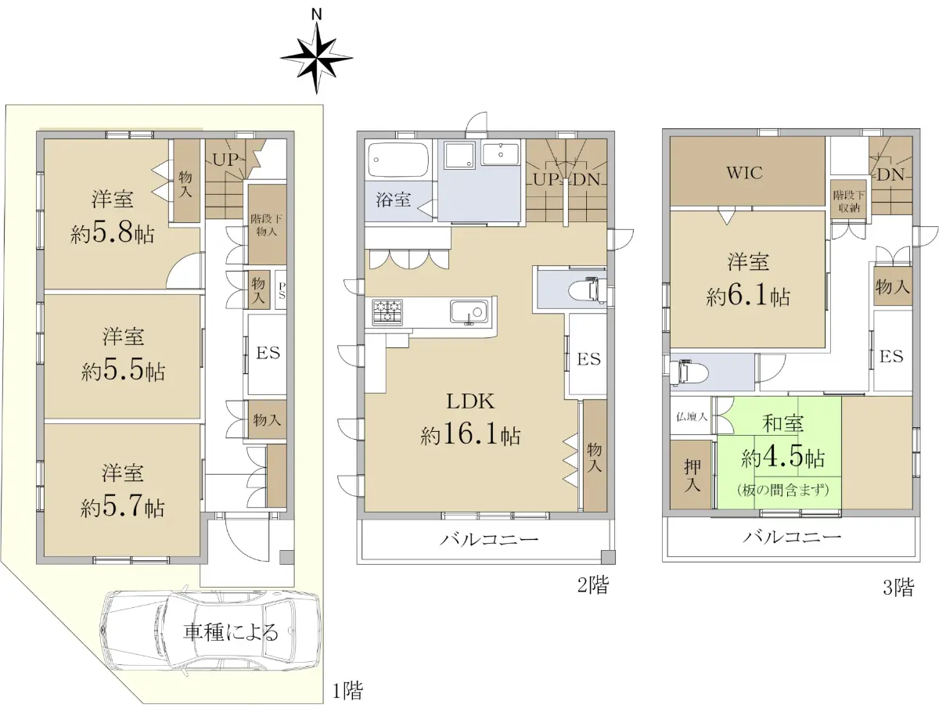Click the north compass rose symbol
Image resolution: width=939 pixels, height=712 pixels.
[x=317, y=58]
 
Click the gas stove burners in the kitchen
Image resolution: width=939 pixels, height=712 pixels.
[x=387, y=311]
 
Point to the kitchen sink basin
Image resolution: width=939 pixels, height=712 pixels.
[x=469, y=311]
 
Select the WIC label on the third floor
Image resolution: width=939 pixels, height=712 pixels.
[x=744, y=173]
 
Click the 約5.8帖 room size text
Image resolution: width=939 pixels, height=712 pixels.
[x=113, y=234]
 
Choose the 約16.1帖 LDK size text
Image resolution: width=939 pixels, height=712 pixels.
[x=470, y=436]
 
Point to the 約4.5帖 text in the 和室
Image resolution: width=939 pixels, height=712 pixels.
[x=782, y=458]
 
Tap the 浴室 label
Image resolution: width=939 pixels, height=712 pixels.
[x=394, y=200]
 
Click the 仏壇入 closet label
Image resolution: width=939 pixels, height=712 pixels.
[x=692, y=416]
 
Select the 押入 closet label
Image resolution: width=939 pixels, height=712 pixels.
[x=693, y=476]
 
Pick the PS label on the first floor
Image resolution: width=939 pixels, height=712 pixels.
[x=282, y=290]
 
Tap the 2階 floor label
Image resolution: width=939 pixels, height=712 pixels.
[x=593, y=585]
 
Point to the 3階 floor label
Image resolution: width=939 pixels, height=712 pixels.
[x=899, y=588]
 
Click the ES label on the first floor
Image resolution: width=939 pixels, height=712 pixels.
[x=268, y=353]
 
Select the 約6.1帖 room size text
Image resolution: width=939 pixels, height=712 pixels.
[x=748, y=297]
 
